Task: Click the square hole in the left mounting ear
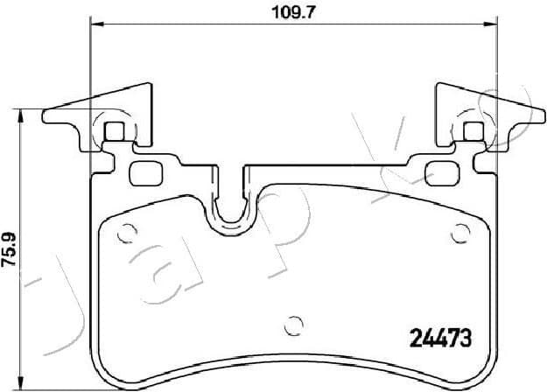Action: pos(115,133)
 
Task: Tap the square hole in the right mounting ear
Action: pos(473,132)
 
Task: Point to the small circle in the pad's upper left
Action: pos(124,233)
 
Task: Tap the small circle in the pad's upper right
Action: pos(460,233)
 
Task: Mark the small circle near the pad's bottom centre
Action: pos(295,320)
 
